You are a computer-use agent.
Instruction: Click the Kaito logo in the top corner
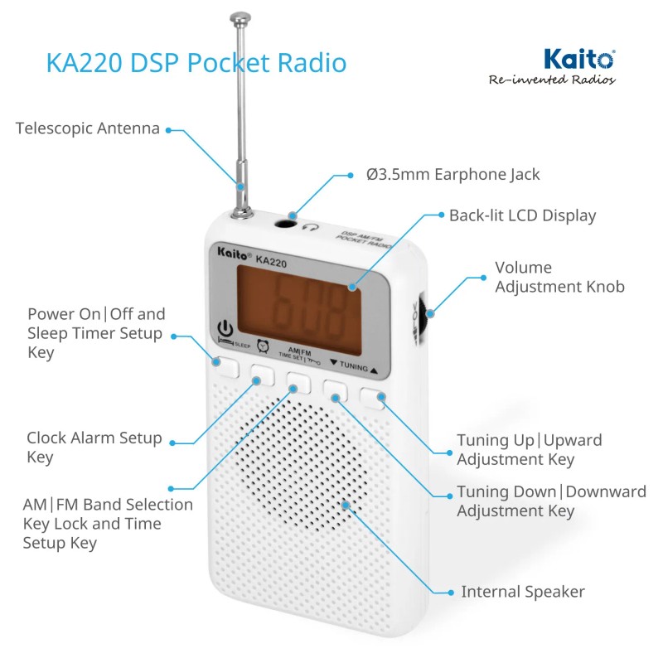point(578,59)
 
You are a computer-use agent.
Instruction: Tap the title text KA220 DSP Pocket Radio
point(196,63)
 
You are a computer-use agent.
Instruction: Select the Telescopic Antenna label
point(88,128)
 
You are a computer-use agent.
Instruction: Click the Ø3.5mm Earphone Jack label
point(452,175)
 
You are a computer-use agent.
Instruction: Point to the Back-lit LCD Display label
point(522,215)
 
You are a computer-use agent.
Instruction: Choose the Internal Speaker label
point(523,592)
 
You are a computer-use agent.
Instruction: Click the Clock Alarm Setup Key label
point(94,448)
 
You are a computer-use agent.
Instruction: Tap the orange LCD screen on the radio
point(299,311)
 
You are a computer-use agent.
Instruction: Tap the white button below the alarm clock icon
point(262,375)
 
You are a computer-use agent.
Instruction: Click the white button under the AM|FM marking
point(298,383)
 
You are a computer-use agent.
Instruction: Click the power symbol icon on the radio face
point(225,328)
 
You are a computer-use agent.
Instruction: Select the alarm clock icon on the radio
point(263,346)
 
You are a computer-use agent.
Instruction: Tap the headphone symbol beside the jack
point(310,227)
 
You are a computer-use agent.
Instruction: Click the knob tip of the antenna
point(240,17)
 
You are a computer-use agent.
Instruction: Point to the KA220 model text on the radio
point(272,261)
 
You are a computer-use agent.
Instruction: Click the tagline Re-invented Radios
point(552,80)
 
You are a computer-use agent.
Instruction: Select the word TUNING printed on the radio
point(354,366)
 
